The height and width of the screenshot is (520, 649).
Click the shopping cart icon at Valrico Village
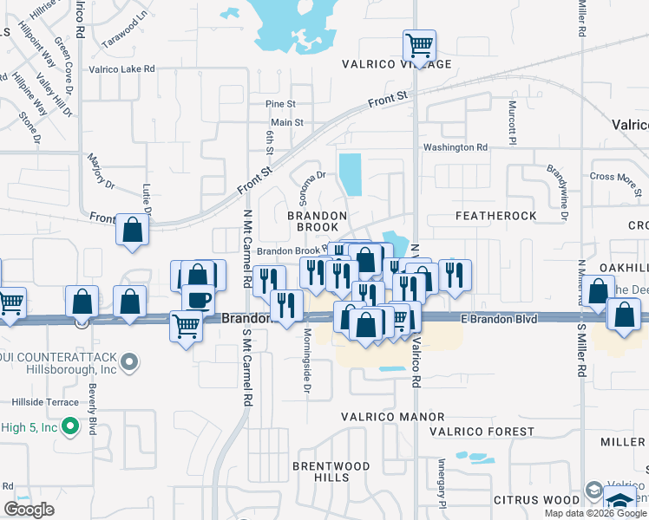[419, 44]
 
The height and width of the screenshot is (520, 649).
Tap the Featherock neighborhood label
[495, 215]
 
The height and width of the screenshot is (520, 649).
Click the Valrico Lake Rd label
[121, 68]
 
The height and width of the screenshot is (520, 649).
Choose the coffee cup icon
[199, 299]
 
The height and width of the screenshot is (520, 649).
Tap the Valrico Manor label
[392, 417]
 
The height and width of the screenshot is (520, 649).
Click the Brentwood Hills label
[331, 471]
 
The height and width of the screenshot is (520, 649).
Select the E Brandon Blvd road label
[499, 319]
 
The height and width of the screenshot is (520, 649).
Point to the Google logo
[29, 510]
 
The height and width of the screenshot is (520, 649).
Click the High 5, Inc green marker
[91, 427]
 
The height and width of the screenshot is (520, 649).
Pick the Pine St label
[281, 104]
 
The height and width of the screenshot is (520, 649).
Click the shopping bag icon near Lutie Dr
[132, 231]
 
